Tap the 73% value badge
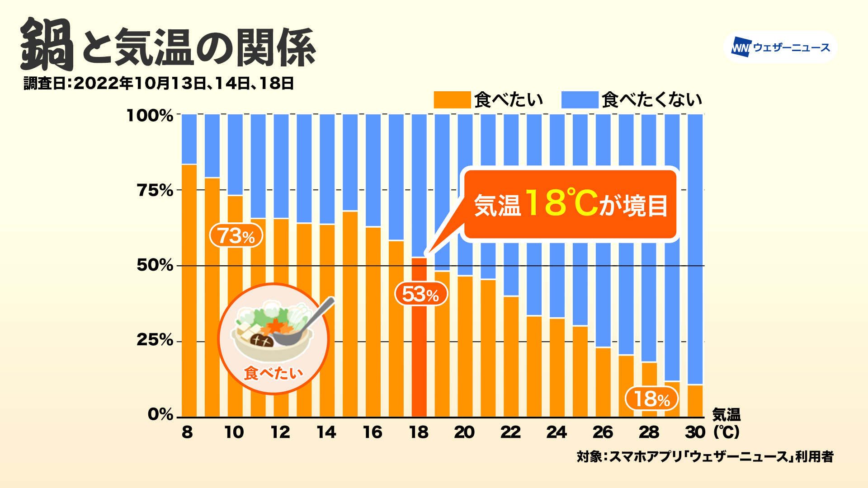click(x=236, y=235)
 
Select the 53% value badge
click(x=421, y=294)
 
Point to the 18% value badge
click(x=651, y=399)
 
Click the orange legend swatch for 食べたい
click(x=452, y=100)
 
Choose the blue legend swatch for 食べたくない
click(x=580, y=100)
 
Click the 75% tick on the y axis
click(x=155, y=190)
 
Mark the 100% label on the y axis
click(x=150, y=115)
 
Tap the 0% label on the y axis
click(x=160, y=414)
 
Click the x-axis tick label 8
click(x=187, y=432)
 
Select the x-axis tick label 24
click(x=557, y=432)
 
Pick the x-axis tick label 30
click(x=695, y=432)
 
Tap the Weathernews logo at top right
click(x=780, y=47)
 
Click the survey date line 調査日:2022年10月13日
click(x=159, y=84)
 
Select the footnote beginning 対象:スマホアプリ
click(x=705, y=456)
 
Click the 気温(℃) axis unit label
click(x=726, y=423)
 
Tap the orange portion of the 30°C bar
click(x=695, y=401)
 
